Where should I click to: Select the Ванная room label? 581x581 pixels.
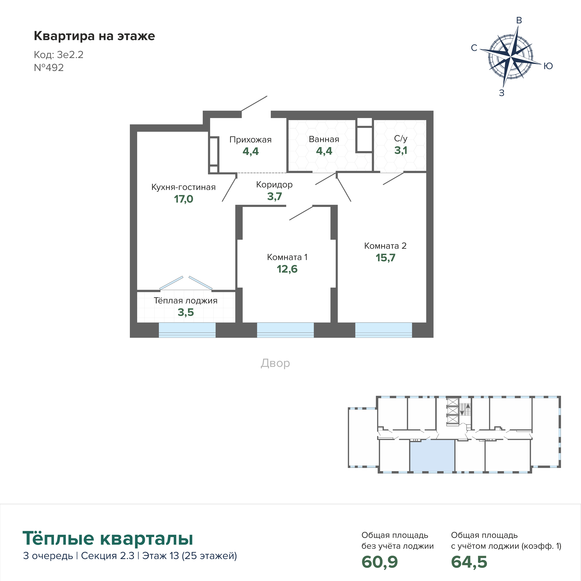point(324,139)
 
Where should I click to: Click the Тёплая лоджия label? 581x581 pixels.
point(186,301)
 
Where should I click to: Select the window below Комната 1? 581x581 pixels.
point(285,330)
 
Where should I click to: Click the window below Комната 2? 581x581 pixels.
point(384,330)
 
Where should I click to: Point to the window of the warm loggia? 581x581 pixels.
point(187,330)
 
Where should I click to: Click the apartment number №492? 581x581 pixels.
point(49,68)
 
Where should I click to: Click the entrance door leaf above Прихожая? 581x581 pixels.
point(254,103)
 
